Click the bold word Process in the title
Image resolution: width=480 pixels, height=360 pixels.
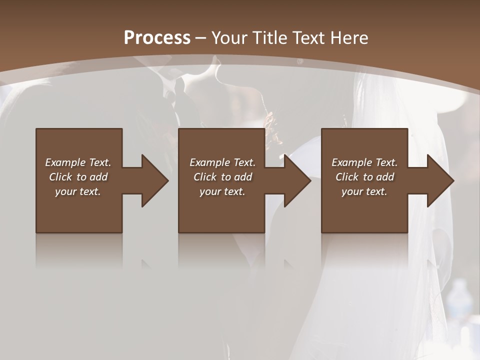click(157, 37)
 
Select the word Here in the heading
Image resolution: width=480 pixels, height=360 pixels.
click(350, 37)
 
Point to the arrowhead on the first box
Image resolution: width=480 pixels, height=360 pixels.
click(154, 180)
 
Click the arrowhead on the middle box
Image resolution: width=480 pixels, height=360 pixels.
click(297, 180)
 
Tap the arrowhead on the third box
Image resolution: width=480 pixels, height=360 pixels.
click(440, 180)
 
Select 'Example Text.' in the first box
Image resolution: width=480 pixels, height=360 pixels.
click(78, 162)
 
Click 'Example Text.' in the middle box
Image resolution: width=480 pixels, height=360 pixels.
click(222, 162)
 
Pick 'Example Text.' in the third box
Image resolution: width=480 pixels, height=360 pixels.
click(364, 162)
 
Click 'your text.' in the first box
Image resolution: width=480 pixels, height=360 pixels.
click(78, 191)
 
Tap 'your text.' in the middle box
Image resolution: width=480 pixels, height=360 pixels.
click(222, 191)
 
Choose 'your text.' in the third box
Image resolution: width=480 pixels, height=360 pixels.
click(364, 191)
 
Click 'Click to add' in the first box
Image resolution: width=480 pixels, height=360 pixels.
click(78, 177)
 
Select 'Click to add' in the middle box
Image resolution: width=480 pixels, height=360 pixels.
click(222, 177)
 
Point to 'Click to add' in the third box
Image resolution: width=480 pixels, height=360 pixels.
click(364, 177)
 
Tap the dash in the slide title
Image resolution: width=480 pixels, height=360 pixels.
click(201, 37)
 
